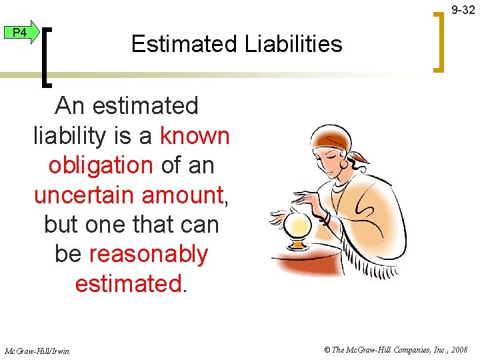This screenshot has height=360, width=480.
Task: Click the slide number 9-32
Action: (463, 10)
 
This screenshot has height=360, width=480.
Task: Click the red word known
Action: (195, 136)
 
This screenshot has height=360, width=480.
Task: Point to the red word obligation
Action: (101, 165)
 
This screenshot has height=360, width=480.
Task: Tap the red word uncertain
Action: (80, 195)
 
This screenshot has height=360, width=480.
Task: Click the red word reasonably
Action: (148, 254)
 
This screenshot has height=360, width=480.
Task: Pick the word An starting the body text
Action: (71, 106)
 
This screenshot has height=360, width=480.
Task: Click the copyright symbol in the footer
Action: (327, 349)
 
